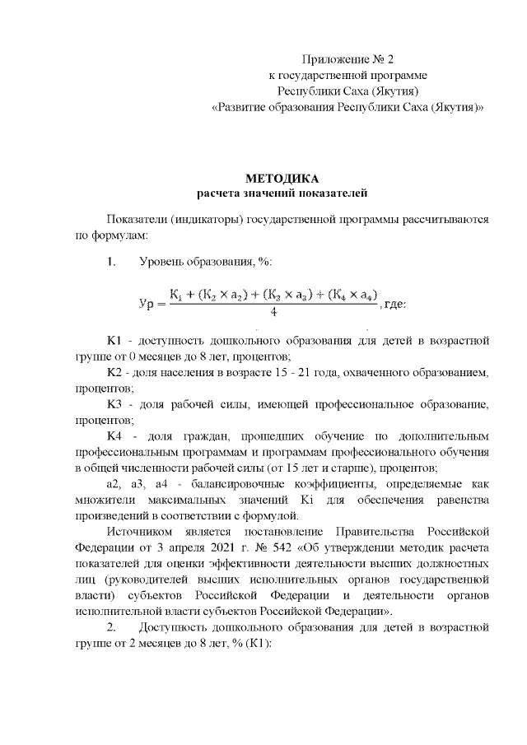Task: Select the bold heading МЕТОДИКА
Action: [281, 179]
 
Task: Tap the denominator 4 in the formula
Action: [273, 313]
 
